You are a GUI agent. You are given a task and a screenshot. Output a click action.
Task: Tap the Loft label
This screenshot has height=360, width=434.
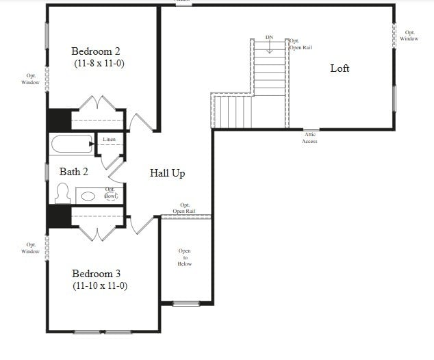340,68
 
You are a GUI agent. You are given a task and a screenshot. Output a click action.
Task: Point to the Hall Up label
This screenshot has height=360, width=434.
168,173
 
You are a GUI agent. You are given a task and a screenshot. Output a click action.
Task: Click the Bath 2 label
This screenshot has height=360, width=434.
74,172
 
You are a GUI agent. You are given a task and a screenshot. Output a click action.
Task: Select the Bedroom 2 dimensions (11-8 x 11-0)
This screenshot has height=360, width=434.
99,64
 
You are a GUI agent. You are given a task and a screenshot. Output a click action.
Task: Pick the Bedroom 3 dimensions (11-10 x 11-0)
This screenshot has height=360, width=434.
100,286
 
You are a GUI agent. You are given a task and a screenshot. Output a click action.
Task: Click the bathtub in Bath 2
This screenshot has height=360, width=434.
72,145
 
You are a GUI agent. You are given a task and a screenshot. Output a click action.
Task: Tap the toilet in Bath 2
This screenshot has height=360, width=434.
62,194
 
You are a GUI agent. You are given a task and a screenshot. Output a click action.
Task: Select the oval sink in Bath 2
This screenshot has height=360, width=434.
89,196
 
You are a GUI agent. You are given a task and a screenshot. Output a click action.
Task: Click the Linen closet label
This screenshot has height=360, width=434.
110,140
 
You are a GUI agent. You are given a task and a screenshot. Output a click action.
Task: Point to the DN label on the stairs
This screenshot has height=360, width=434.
270,38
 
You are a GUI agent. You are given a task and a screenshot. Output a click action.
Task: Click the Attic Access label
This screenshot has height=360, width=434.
309,138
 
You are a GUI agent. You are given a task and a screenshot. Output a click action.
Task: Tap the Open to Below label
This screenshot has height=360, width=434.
185,257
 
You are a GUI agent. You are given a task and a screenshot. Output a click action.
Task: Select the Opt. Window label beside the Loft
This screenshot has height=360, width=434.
409,36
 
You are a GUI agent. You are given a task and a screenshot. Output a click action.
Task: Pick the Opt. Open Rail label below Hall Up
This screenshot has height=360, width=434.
185,208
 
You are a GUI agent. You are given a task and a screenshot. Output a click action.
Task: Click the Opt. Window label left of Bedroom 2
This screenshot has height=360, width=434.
31,79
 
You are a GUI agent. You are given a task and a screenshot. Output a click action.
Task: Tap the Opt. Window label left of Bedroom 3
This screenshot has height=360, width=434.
31,248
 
